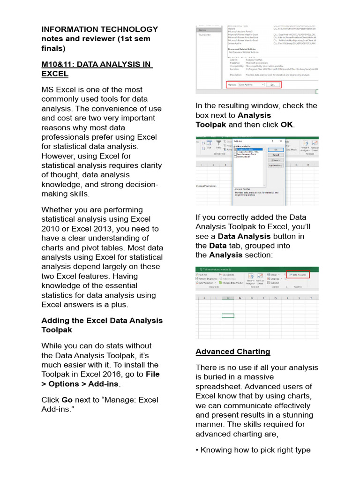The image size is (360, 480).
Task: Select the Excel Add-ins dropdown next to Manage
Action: pyautogui.click(x=252, y=85)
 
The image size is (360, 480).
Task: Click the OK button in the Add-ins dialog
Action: pyautogui.click(x=276, y=150)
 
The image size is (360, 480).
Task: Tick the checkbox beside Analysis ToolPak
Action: pyautogui.click(x=235, y=150)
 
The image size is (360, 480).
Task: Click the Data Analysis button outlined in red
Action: pyautogui.click(x=298, y=275)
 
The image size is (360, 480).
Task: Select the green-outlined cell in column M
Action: pyautogui.click(x=228, y=315)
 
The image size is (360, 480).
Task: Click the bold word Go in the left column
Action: pyautogui.click(x=67, y=400)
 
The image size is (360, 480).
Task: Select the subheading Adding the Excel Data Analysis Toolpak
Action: pyautogui.click(x=102, y=325)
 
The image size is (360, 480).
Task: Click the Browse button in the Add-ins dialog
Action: pyautogui.click(x=276, y=160)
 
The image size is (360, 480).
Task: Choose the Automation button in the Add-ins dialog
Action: pyautogui.click(x=276, y=165)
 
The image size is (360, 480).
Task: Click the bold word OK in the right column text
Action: pyautogui.click(x=286, y=125)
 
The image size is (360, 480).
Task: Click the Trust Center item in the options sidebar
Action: pyautogui.click(x=205, y=35)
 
